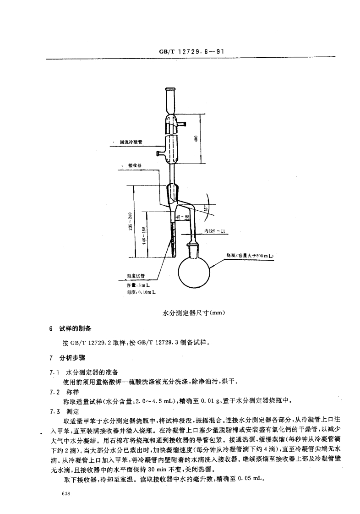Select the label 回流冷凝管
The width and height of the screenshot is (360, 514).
coord(131,142)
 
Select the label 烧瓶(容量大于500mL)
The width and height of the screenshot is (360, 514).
coord(249,255)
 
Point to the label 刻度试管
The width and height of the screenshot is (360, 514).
coord(136,276)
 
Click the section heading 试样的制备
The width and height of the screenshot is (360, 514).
coord(76,328)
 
